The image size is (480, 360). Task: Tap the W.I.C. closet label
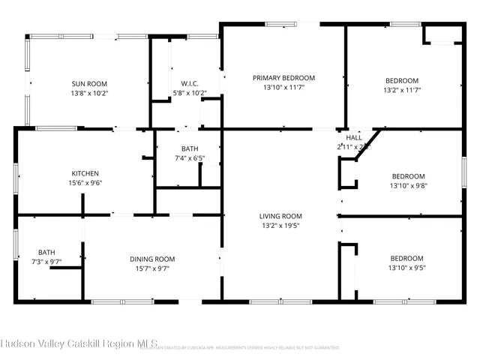tap(189, 83)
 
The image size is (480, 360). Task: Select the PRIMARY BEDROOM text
tap(283, 78)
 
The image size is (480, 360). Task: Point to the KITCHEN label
tap(85, 173)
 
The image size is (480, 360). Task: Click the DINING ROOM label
tap(153, 259)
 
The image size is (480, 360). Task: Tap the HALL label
tap(354, 138)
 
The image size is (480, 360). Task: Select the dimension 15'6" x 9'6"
tap(85, 182)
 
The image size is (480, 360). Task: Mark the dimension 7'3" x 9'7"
tap(46, 262)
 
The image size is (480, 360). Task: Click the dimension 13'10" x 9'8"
tap(408, 185)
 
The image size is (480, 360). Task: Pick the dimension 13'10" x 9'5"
tap(406, 268)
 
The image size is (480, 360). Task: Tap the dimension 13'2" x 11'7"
tap(402, 90)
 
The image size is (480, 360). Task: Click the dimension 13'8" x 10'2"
tap(89, 93)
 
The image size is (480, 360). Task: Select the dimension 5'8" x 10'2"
tap(189, 93)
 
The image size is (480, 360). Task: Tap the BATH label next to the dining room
tap(46, 252)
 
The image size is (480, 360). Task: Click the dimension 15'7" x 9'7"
tap(153, 268)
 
